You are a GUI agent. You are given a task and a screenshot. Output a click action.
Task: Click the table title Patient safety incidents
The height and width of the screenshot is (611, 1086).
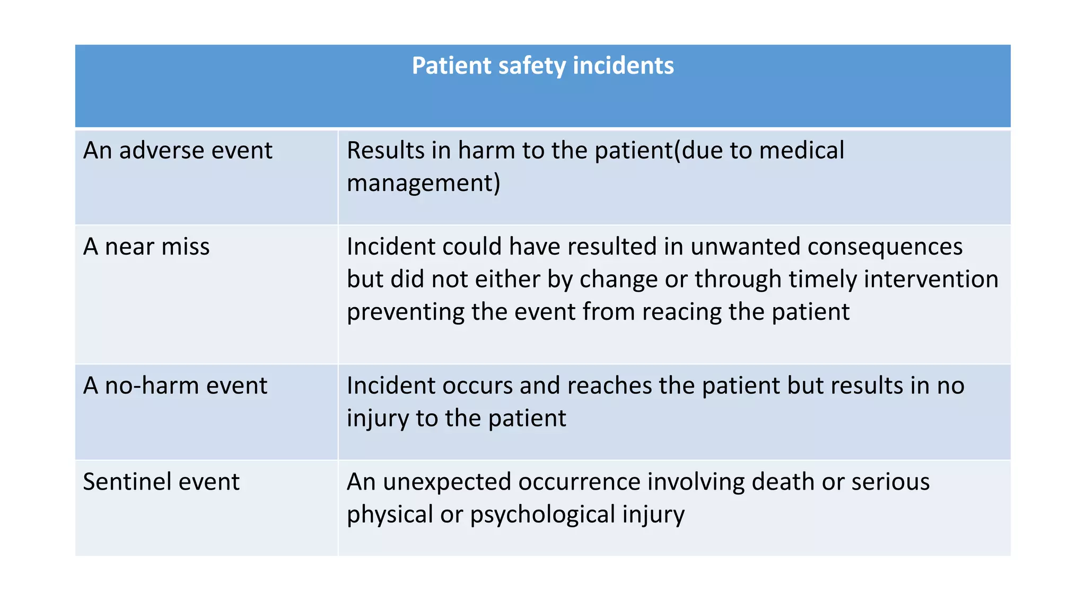tap(542, 66)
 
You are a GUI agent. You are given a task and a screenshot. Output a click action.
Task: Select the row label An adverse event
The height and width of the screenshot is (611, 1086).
tap(178, 151)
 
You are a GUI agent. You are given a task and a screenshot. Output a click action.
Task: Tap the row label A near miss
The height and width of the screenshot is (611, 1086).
tap(146, 247)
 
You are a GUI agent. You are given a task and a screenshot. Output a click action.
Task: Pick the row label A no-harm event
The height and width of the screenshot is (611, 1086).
tap(175, 386)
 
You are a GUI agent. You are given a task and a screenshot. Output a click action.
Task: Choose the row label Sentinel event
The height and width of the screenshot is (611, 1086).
tap(161, 482)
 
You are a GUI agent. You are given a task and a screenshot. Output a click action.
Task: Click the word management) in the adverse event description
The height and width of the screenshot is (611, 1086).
tap(423, 184)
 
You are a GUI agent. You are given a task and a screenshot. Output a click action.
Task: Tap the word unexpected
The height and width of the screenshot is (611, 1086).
tap(446, 482)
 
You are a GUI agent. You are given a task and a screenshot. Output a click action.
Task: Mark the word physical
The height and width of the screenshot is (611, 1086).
tap(390, 515)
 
